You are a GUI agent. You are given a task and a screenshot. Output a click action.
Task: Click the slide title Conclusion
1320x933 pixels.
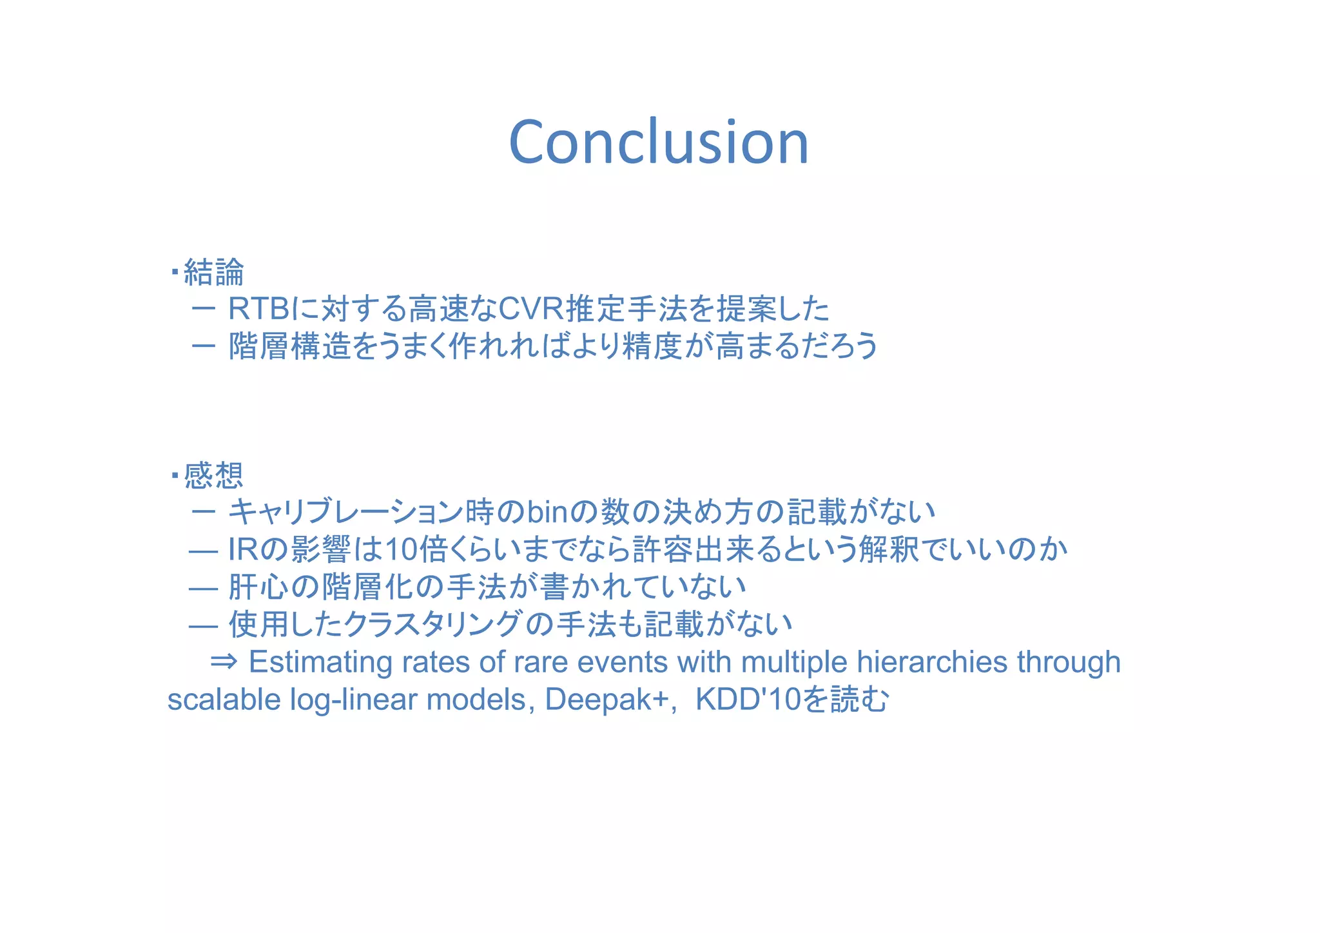pyautogui.click(x=658, y=142)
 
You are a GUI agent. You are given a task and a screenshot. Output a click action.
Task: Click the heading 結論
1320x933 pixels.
pyautogui.click(x=214, y=272)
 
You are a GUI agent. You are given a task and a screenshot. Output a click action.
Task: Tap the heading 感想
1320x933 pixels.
pyautogui.click(x=214, y=476)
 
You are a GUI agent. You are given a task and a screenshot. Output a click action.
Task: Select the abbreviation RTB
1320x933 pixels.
pyautogui.click(x=258, y=309)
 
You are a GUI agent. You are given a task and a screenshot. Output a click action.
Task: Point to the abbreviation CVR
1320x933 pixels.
pyautogui.click(x=530, y=309)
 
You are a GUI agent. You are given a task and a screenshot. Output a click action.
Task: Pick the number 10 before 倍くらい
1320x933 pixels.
pyautogui.click(x=401, y=550)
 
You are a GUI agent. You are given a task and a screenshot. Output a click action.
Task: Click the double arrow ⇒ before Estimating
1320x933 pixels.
pyautogui.click(x=224, y=662)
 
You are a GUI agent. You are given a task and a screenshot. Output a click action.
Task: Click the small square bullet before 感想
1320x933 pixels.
pyautogui.click(x=175, y=476)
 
